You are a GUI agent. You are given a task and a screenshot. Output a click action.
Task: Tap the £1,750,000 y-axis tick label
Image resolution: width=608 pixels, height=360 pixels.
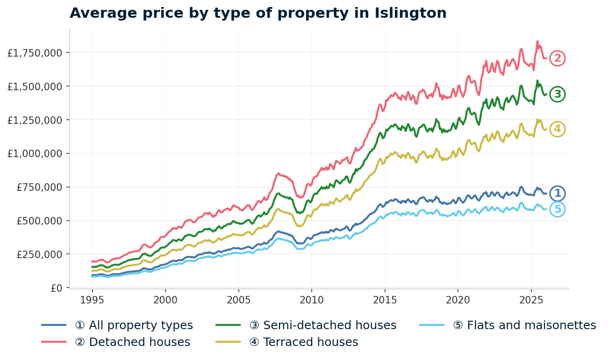pyautogui.click(x=35, y=53)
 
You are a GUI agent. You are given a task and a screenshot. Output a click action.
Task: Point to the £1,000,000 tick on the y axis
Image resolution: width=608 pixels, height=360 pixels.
pyautogui.click(x=35, y=154)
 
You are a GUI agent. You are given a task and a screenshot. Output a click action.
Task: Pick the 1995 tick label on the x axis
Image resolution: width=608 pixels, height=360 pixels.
pyautogui.click(x=92, y=300)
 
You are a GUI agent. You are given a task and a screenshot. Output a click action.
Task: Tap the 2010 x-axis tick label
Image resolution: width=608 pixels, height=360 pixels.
pyautogui.click(x=312, y=300)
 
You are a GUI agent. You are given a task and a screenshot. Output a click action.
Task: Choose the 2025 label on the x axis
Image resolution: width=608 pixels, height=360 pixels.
pyautogui.click(x=531, y=300)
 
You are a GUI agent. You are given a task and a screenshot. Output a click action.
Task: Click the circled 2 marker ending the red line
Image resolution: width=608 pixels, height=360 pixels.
pyautogui.click(x=558, y=58)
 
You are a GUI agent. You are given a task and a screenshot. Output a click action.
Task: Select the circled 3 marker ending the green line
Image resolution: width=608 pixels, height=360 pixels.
pyautogui.click(x=558, y=94)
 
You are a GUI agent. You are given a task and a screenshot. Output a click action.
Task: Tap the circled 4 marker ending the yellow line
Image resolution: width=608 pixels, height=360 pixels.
pyautogui.click(x=558, y=129)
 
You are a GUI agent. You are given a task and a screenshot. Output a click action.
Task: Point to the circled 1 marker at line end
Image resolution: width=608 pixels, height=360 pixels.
pyautogui.click(x=558, y=194)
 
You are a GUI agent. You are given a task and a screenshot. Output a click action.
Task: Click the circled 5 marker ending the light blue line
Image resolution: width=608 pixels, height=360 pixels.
pyautogui.click(x=558, y=209)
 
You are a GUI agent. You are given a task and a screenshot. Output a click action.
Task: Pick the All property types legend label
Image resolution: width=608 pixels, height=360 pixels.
pyautogui.click(x=134, y=325)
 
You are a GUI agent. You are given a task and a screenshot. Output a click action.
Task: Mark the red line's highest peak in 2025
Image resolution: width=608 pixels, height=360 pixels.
pyautogui.click(x=537, y=41)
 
